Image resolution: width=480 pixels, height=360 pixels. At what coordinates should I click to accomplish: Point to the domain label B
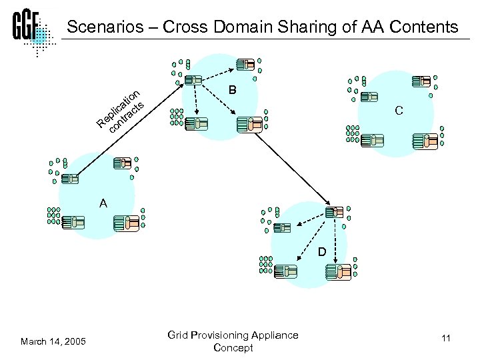click(232, 89)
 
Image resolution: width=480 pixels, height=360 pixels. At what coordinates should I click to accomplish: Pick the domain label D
click(321, 253)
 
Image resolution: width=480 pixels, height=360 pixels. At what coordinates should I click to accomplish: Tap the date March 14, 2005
click(53, 341)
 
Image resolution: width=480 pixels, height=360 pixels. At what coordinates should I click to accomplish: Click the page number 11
click(445, 339)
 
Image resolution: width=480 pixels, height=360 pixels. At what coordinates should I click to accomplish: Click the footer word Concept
click(233, 347)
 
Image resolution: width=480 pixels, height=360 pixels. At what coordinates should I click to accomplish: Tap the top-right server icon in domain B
click(247, 65)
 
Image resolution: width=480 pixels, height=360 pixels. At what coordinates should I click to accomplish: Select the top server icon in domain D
click(334, 212)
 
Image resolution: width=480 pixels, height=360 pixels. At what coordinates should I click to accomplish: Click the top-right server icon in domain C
click(421, 81)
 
